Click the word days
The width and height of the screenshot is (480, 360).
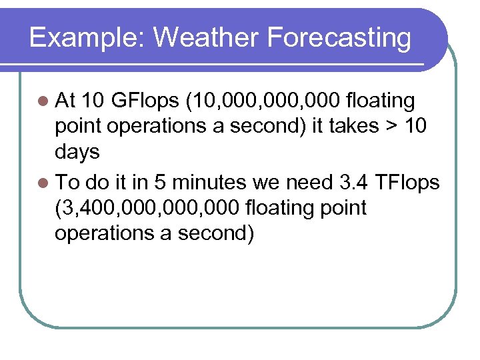[x=77, y=153]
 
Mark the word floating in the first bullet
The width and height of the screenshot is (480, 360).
[x=378, y=101]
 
